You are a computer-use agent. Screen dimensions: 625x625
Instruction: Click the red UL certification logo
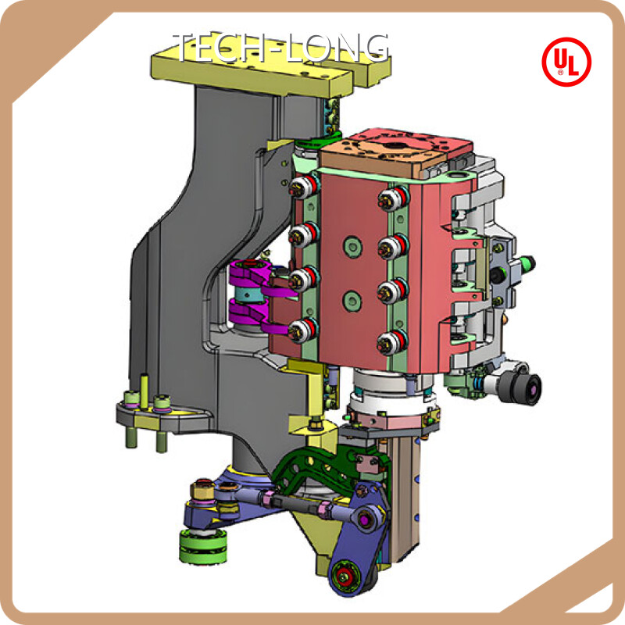[566, 62]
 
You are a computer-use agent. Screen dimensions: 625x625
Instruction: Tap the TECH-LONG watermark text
[281, 48]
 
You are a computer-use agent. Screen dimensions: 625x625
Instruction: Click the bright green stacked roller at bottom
[203, 546]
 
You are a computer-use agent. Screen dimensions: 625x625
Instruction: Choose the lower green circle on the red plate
[352, 301]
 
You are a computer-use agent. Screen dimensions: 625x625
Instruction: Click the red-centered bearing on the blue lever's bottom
[343, 575]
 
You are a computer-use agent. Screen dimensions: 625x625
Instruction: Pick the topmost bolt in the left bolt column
[304, 186]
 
